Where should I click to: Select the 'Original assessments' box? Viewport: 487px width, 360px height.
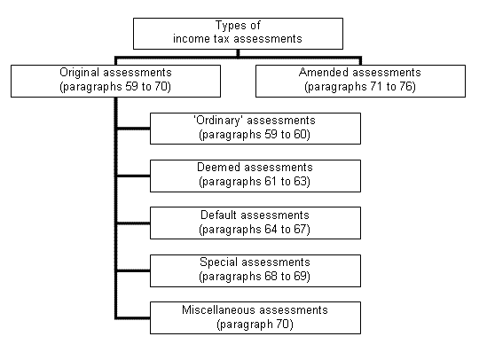pyautogui.click(x=115, y=81)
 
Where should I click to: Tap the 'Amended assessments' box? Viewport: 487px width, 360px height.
pyautogui.click(x=360, y=81)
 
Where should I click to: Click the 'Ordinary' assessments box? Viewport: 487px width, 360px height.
pyautogui.click(x=255, y=129)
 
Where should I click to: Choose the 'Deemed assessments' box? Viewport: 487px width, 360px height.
pyautogui.click(x=255, y=176)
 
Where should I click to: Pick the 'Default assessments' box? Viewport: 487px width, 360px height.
pyautogui.click(x=255, y=223)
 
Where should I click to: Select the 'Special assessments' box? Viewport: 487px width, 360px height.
pyautogui.click(x=255, y=270)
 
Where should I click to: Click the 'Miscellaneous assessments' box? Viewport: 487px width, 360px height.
pyautogui.click(x=255, y=317)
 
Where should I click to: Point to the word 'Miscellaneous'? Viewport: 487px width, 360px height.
pyautogui.click(x=218, y=309)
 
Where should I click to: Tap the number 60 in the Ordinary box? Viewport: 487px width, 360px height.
pyautogui.click(x=301, y=134)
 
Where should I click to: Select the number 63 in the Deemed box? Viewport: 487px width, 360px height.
pyautogui.click(x=301, y=181)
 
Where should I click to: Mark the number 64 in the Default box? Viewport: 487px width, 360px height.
pyautogui.click(x=271, y=229)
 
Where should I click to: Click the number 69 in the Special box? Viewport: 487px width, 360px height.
pyautogui.click(x=301, y=277)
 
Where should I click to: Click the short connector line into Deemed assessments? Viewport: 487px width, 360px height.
pyautogui.click(x=133, y=176)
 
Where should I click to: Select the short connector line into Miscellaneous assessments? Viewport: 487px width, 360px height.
pyautogui.click(x=133, y=317)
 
